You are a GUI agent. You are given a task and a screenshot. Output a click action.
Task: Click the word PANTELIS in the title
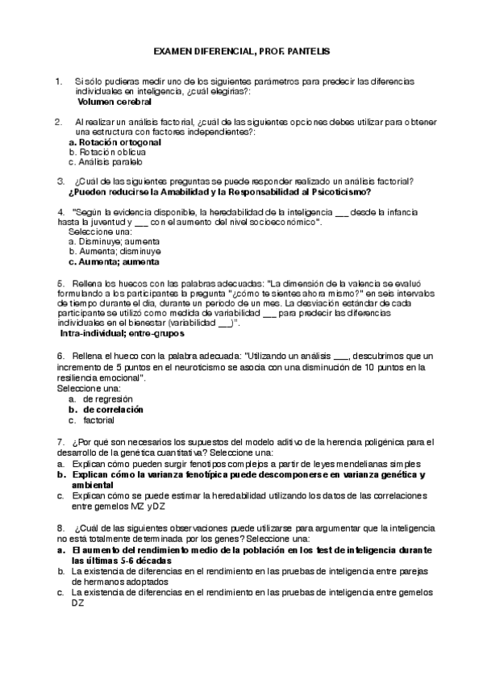click(307, 50)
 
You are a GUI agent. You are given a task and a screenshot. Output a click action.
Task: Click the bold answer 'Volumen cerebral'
click(114, 102)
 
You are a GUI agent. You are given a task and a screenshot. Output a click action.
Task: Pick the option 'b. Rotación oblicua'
click(107, 151)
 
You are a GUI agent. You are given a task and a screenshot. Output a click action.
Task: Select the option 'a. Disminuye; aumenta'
click(114, 241)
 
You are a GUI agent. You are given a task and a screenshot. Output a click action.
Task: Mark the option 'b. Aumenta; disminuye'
click(114, 251)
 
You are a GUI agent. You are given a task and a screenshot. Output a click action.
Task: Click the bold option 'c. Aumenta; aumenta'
click(114, 261)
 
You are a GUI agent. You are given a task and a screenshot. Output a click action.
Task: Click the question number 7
click(61, 441)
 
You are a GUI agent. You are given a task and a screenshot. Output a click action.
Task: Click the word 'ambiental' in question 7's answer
click(93, 486)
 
